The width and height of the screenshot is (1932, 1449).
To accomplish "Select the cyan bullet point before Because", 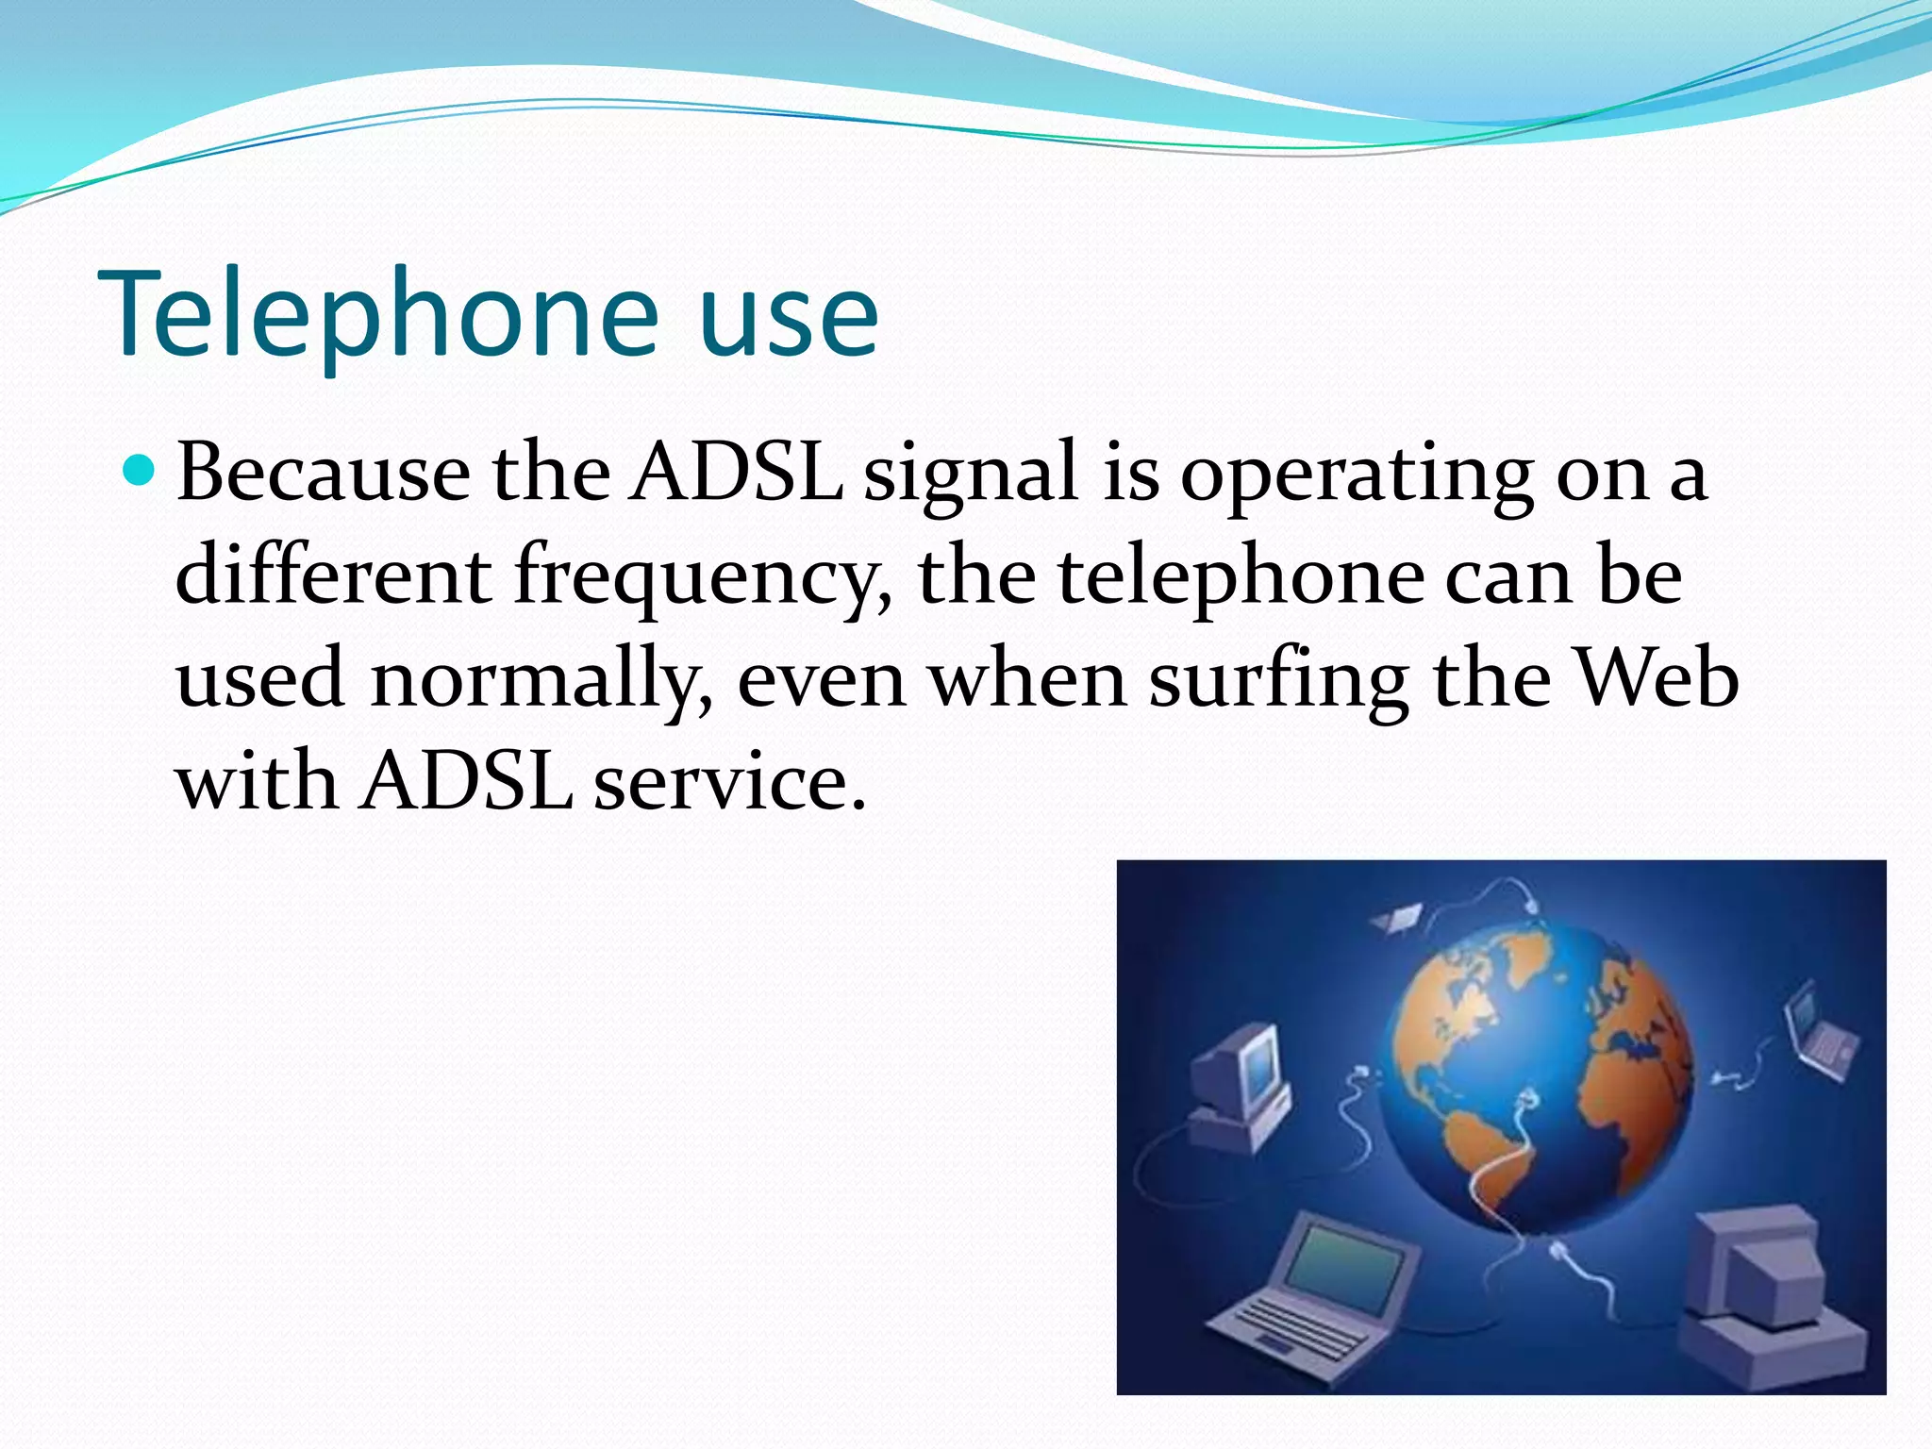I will tap(139, 469).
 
